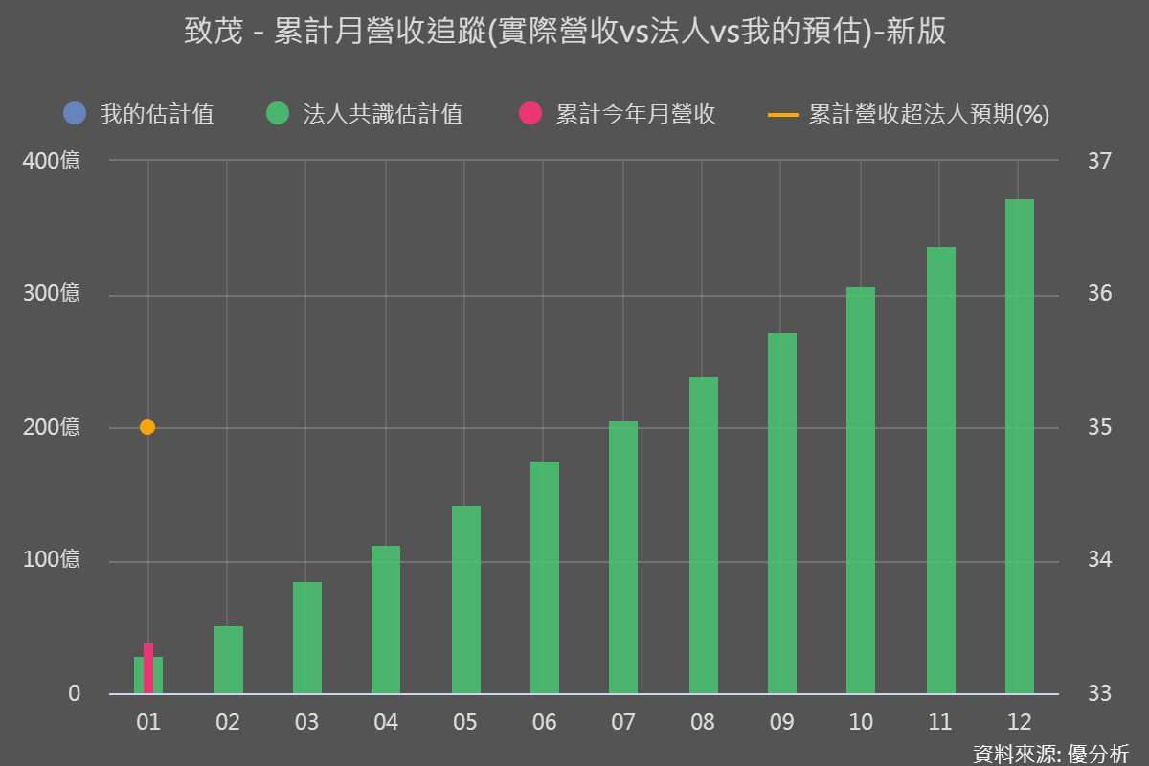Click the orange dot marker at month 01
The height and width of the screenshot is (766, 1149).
pos(147,427)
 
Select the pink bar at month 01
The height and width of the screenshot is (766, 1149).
pos(148,668)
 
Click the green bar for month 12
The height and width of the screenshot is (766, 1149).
pos(1019,446)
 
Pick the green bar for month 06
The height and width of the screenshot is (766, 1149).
pos(544,577)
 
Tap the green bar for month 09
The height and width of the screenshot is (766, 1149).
pos(782,513)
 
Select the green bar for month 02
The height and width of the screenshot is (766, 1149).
pos(228,660)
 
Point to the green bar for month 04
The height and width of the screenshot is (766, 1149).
pos(386,620)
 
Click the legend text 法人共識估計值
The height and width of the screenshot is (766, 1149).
pos(382,115)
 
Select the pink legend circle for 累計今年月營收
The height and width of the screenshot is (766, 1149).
pos(530,115)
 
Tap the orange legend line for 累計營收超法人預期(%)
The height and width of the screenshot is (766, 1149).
pos(782,115)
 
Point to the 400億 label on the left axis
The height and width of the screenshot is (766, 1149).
pos(53,161)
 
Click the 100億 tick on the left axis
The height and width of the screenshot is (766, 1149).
pos(53,561)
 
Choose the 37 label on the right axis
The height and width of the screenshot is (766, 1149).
pos(1098,161)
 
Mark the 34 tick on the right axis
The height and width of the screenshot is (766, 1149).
pos(1098,561)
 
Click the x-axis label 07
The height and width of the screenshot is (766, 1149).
pos(622,722)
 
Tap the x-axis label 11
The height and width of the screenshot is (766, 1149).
pos(939,722)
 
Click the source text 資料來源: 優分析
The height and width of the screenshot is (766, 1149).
pos(1050,753)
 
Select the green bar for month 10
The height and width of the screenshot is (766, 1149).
pos(861,490)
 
